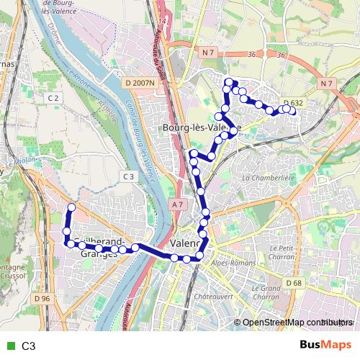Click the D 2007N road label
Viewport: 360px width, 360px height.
pyautogui.click(x=140, y=84)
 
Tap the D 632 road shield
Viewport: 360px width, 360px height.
pyautogui.click(x=293, y=103)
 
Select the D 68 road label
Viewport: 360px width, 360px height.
pyautogui.click(x=293, y=283)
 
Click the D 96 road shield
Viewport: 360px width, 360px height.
pyautogui.click(x=42, y=298)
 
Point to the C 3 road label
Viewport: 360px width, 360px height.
pyautogui.click(x=129, y=176)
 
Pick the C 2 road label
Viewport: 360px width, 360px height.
pyautogui.click(x=53, y=97)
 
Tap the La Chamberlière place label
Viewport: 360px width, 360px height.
pyautogui.click(x=269, y=177)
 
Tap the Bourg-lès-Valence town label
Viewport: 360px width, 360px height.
pyautogui.click(x=196, y=127)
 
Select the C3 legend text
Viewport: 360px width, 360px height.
pyautogui.click(x=29, y=346)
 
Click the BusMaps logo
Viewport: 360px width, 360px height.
pyautogui.click(x=325, y=345)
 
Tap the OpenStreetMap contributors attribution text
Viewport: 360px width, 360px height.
pyautogui.click(x=295, y=323)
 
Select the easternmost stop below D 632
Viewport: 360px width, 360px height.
pyautogui.click(x=292, y=110)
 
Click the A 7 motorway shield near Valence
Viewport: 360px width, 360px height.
pyautogui.click(x=178, y=205)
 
